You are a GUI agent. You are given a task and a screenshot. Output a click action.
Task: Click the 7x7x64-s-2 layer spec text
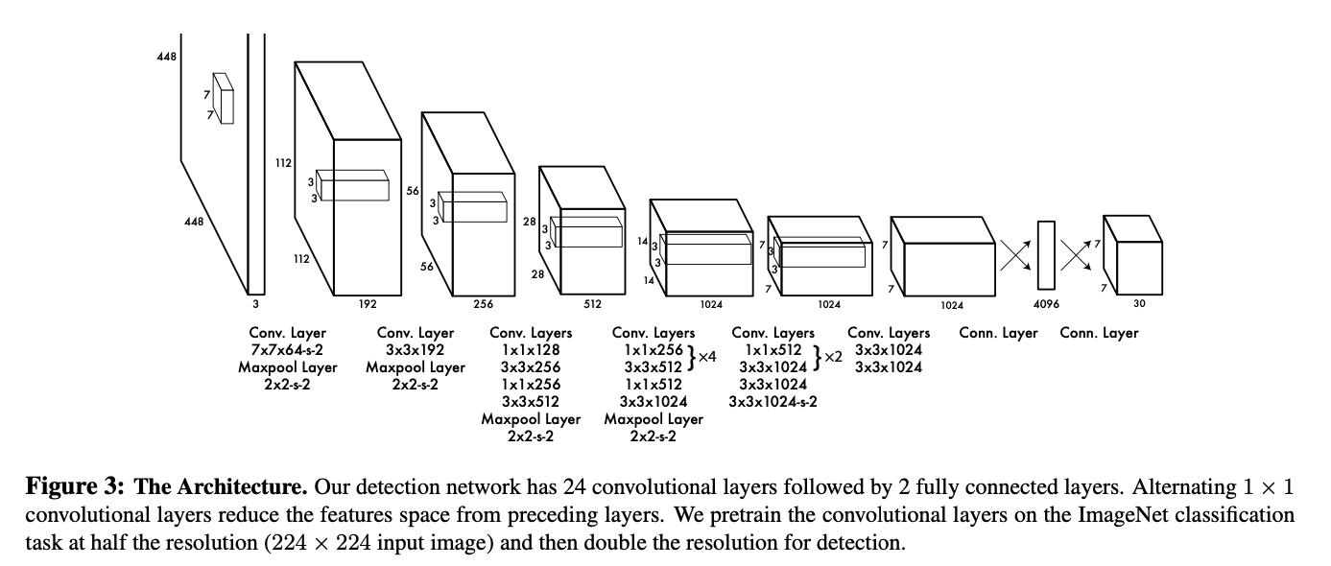287,350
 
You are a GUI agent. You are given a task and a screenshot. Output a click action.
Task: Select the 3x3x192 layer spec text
415,350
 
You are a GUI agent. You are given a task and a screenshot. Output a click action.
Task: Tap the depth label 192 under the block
367,303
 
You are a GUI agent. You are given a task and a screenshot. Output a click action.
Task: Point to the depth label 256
483,304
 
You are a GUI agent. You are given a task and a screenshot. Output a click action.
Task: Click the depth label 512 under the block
592,304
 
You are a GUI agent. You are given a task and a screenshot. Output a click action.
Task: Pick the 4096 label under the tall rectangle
1045,304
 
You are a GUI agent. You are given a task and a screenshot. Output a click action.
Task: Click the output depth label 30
1139,304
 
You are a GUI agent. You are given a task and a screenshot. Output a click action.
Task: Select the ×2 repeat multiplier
831,357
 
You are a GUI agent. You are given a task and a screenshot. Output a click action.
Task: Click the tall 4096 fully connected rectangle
1045,255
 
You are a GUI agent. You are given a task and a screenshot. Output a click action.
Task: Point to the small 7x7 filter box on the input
223,98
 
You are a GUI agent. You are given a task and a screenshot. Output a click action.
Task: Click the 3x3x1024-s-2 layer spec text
772,401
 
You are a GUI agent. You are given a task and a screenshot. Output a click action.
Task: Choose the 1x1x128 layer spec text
531,350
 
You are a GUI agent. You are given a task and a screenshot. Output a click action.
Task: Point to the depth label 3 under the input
255,304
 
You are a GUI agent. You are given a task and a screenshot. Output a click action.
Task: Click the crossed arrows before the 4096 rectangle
1016,254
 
